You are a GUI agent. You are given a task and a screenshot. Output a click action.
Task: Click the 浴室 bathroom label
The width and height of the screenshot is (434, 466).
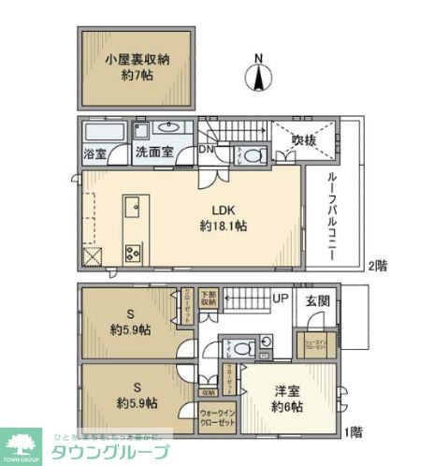[94, 153]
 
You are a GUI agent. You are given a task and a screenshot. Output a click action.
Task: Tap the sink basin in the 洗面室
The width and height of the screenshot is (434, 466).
[169, 128]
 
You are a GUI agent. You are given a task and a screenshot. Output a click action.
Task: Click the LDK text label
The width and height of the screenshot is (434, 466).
[221, 211]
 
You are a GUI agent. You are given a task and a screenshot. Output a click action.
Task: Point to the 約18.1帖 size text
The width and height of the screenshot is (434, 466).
[223, 226]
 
